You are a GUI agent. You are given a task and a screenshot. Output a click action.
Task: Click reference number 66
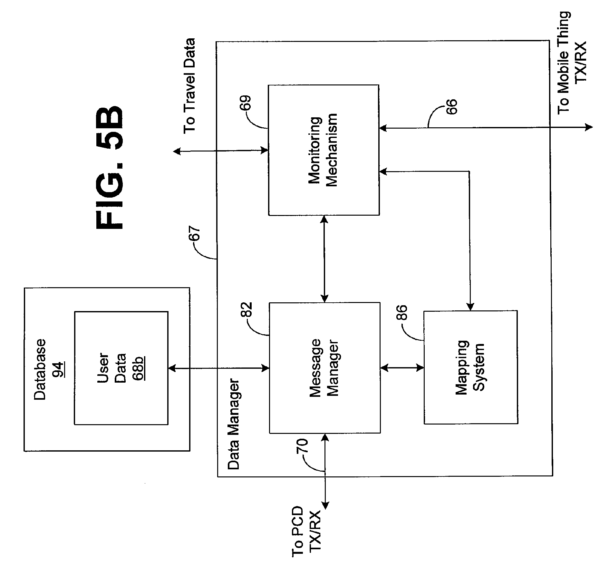click(x=451, y=107)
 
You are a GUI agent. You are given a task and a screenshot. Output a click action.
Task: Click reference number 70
click(x=303, y=447)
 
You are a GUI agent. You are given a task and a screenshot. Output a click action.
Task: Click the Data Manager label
click(x=234, y=425)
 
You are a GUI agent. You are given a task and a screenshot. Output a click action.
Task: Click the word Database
click(x=40, y=369)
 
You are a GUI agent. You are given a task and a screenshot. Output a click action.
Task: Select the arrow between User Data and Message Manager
click(x=218, y=367)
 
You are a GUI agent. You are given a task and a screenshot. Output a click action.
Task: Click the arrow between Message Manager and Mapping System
click(x=402, y=367)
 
